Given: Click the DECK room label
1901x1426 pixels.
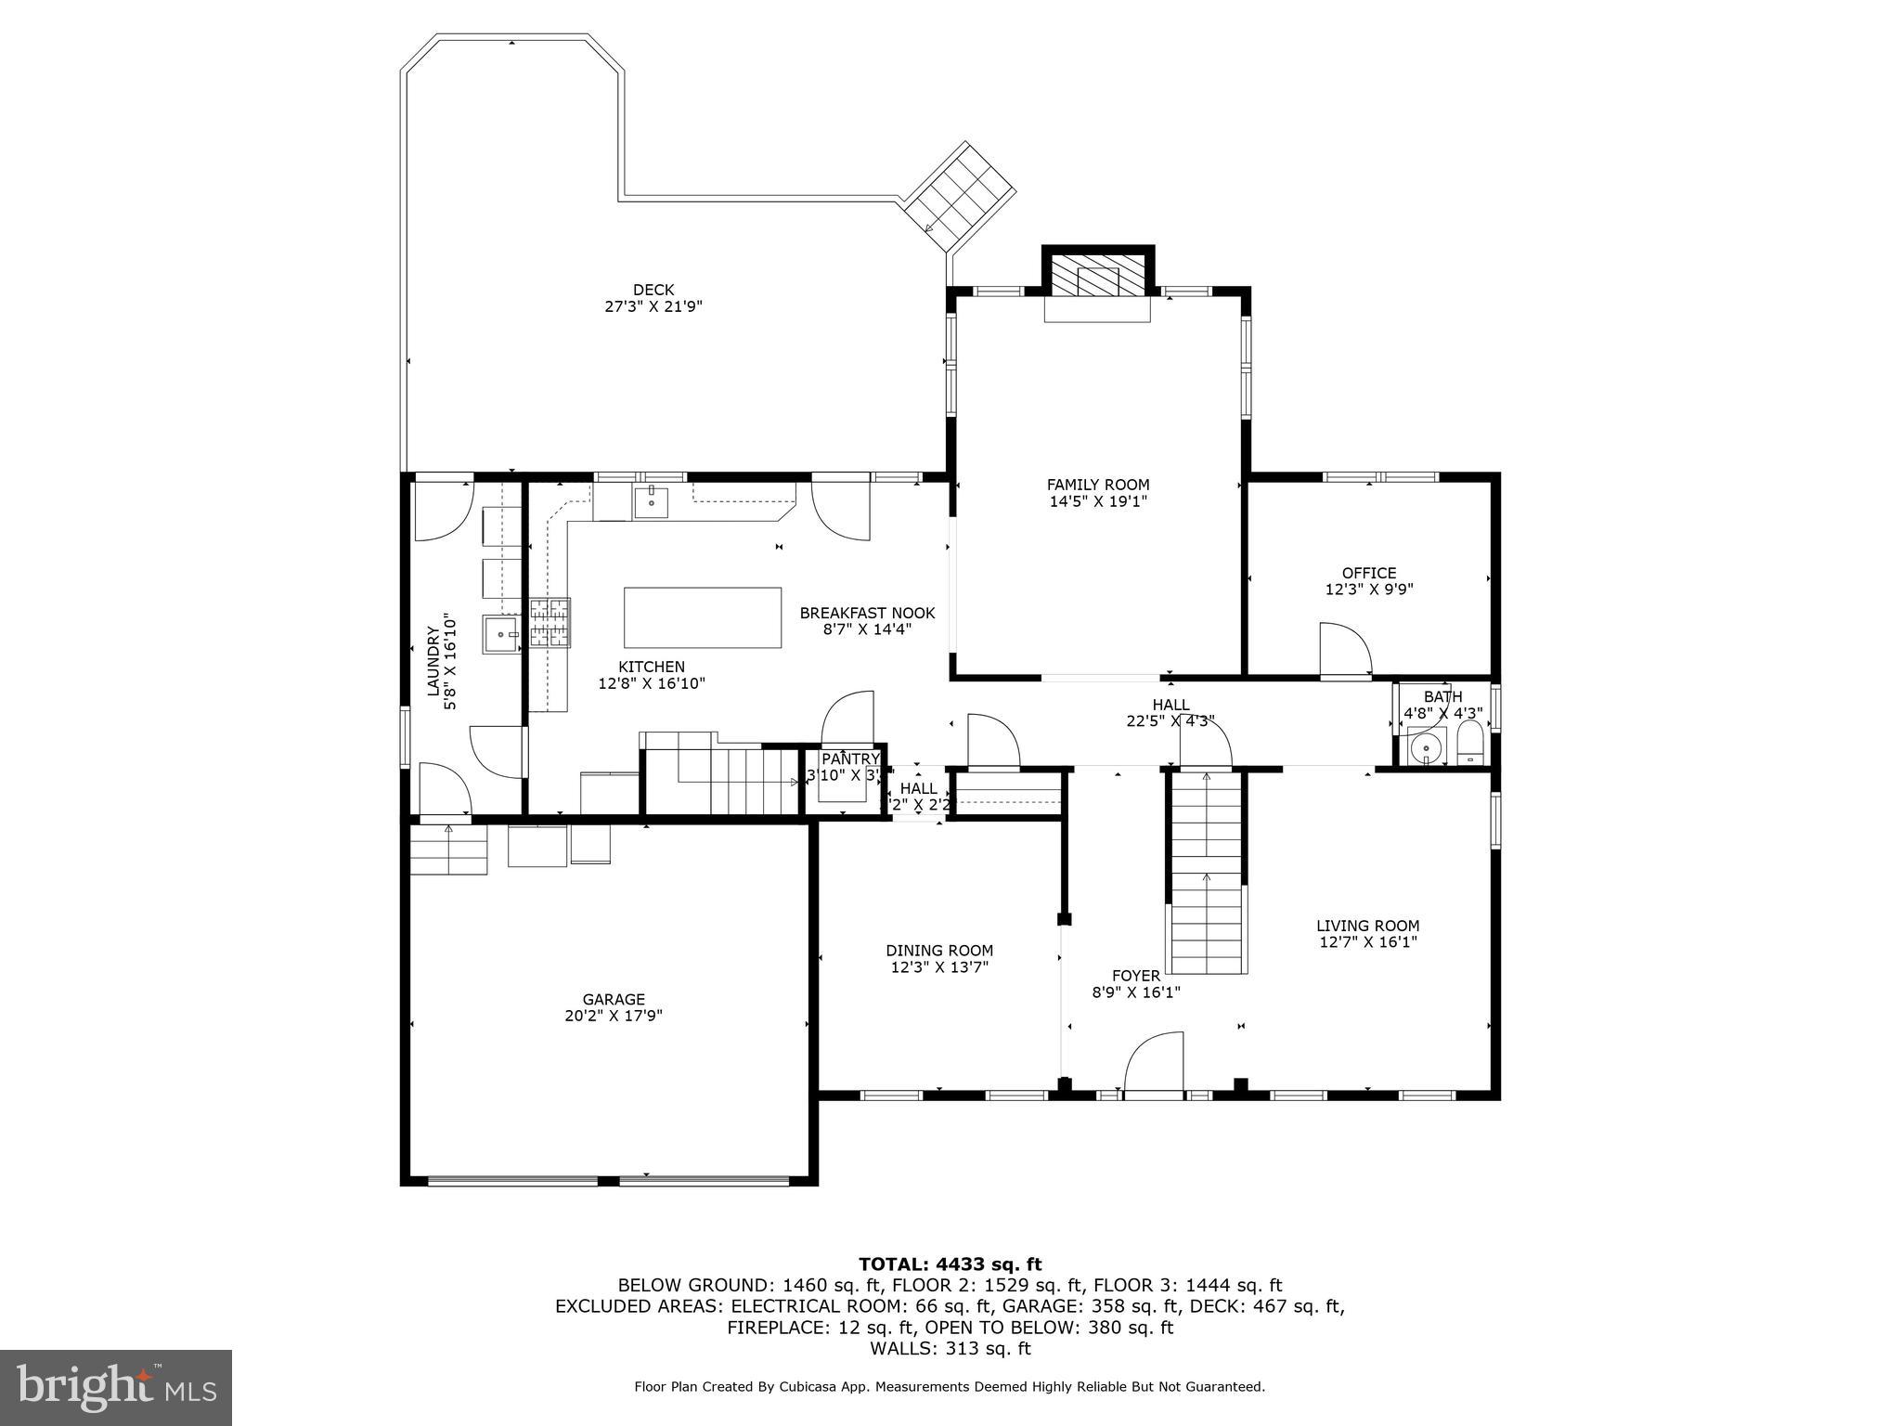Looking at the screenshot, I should click(653, 290).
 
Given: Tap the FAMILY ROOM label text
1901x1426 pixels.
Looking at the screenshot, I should click(1098, 485).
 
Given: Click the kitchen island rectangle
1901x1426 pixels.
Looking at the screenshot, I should click(702, 617).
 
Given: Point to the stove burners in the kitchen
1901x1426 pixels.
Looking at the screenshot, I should click(550, 622).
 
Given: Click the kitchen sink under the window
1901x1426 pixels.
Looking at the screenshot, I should click(651, 501).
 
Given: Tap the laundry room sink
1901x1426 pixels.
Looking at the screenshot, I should click(501, 635).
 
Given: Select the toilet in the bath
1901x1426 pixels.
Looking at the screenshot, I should click(1470, 744).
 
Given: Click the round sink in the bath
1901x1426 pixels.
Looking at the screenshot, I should click(1426, 745).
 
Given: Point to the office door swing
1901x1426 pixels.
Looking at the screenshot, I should click(1344, 650).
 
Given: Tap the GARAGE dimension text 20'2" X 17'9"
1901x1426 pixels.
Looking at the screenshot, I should click(614, 1016).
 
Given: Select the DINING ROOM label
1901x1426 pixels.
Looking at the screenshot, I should click(939, 951).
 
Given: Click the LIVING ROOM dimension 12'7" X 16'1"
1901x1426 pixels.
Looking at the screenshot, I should click(1368, 942).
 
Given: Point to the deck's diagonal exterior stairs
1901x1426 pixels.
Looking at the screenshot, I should click(961, 196).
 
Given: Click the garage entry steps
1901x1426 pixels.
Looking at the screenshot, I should click(449, 849).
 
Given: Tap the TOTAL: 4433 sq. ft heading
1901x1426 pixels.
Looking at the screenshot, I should click(950, 1264).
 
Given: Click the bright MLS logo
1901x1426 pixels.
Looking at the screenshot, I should click(116, 1387).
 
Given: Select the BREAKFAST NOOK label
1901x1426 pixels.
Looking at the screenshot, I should click(867, 613).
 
